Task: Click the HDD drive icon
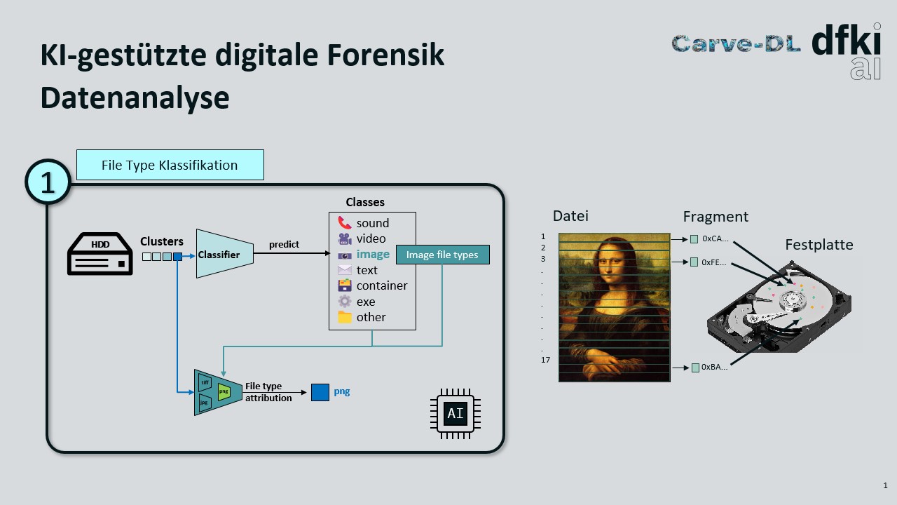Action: [100, 254]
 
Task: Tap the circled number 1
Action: [48, 182]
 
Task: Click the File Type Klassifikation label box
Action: [170, 165]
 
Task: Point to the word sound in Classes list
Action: [372, 223]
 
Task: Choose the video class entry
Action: [371, 238]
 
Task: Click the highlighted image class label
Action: [372, 255]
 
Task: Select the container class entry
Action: [381, 285]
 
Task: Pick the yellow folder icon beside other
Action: [344, 317]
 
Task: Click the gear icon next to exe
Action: [344, 302]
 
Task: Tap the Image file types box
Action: [442, 255]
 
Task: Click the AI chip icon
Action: [456, 414]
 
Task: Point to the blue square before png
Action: [320, 392]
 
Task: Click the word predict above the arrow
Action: [284, 244]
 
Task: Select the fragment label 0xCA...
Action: [715, 238]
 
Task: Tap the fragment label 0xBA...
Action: [714, 367]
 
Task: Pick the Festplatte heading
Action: [819, 245]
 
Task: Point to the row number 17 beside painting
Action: [545, 360]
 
